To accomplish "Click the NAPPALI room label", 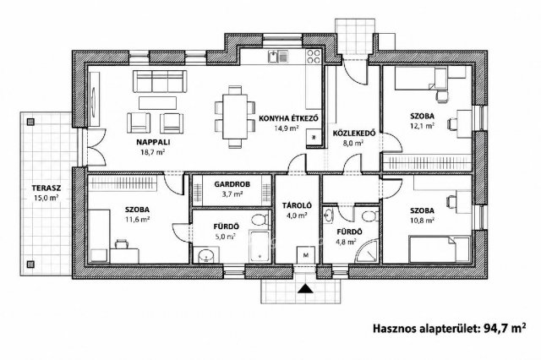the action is coord(153,142).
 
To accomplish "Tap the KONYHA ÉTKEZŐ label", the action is coord(288,118).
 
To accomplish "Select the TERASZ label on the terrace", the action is coord(46,188).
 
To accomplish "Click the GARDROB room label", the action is coord(232,184).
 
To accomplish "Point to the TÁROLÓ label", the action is coord(297,206).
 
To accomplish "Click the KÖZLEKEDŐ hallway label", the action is coord(353,134).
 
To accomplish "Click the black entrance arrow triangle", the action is coord(305,289).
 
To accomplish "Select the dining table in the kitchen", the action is coord(235,117).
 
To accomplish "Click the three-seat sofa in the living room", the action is coord(160,81).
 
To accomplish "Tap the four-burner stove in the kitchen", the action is coord(314,57).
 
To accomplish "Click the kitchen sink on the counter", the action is coord(278,57).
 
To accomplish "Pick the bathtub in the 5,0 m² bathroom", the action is coord(260,246).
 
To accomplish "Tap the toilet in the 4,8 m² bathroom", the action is coord(369,216).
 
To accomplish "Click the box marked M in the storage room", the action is coord(306,255).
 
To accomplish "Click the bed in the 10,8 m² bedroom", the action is coord(440,249).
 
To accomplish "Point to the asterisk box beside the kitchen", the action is coord(314,138).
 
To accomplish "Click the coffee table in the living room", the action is coord(158,103).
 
